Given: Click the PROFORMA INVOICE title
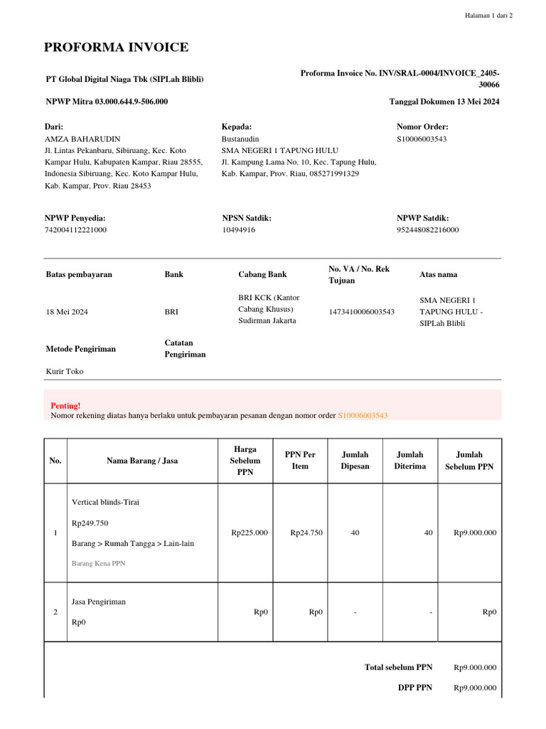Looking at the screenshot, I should click(116, 48).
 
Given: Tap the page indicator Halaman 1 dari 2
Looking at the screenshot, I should click(488, 15).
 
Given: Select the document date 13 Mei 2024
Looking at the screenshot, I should click(472, 102).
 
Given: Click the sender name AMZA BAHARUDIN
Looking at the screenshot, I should click(82, 139).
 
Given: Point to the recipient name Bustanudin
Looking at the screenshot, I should click(240, 139).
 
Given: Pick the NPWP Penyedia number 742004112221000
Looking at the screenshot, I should click(75, 230).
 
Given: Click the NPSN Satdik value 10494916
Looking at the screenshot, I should click(239, 230).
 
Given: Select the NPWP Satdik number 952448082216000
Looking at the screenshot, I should click(427, 230).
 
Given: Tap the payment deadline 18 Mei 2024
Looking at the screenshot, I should click(67, 312).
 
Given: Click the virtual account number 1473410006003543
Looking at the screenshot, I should click(361, 312).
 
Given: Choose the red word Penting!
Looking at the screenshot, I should click(64, 405).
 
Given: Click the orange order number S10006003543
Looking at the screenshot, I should click(363, 415).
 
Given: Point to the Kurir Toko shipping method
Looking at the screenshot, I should click(65, 371).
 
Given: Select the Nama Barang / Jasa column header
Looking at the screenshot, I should click(142, 461).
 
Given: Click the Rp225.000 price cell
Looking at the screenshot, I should click(250, 533).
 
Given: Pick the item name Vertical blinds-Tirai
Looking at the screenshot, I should click(106, 502).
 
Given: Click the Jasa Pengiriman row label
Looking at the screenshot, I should click(99, 602).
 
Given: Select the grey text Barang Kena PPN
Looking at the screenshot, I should click(98, 563).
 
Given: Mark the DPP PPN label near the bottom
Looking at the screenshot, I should click(414, 688).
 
